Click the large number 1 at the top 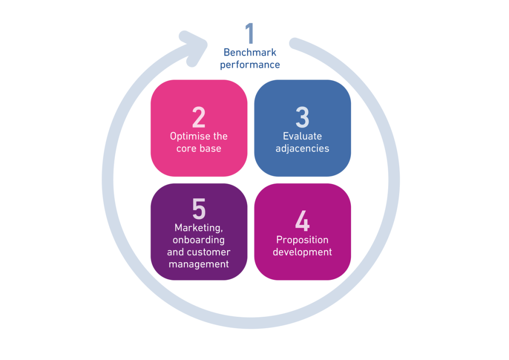click(250, 33)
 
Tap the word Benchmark click(250, 52)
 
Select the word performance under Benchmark click(250, 65)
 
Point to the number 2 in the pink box click(199, 118)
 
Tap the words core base click(199, 148)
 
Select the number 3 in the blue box click(302, 118)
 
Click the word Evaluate click(302, 136)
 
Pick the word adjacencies click(302, 148)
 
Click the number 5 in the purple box click(199, 209)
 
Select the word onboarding click(199, 240)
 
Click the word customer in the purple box click(209, 252)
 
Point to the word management click(199, 264)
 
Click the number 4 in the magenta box click(302, 221)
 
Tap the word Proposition click(302, 240)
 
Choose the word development click(302, 252)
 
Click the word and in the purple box click(175, 252)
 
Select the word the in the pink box click(220, 136)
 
